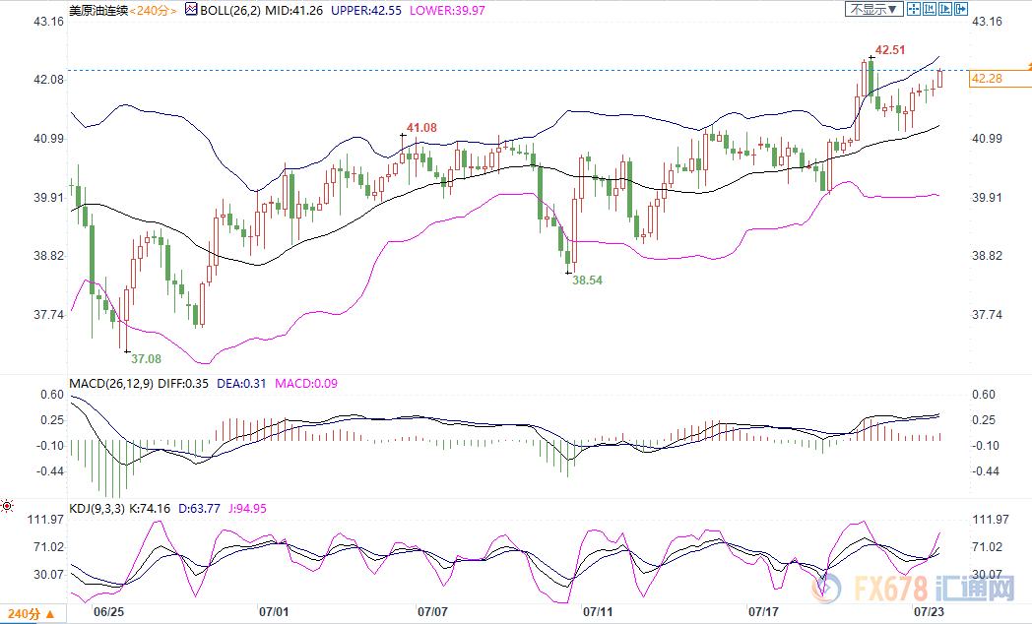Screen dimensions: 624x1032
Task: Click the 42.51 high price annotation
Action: pyautogui.click(x=891, y=48)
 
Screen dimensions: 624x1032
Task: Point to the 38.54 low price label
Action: pyautogui.click(x=588, y=280)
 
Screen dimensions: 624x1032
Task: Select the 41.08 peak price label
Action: pyautogui.click(x=421, y=128)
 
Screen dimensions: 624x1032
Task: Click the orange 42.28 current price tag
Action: pyautogui.click(x=987, y=79)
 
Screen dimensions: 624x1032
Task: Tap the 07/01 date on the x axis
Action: pyautogui.click(x=273, y=611)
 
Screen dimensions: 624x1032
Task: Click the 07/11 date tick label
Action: pyautogui.click(x=598, y=611)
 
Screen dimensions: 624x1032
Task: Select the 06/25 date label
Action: pyautogui.click(x=108, y=611)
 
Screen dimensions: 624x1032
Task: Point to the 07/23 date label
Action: pyautogui.click(x=929, y=611)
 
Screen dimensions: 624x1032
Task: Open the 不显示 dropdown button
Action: pyautogui.click(x=873, y=9)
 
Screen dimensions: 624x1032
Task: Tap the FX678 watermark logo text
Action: pyautogui.click(x=892, y=590)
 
